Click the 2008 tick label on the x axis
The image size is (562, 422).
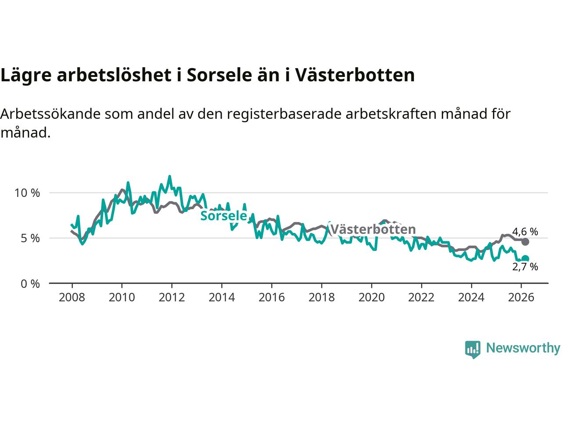[72, 298]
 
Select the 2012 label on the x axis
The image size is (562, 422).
[172, 298]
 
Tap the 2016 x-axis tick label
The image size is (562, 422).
[272, 298]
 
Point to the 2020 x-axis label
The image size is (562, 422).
[371, 298]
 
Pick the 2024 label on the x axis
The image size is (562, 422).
[471, 298]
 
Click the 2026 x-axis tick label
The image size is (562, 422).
[521, 298]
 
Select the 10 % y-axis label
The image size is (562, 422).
[27, 193]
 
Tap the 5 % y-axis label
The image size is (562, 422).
[30, 238]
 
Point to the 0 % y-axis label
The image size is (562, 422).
[30, 284]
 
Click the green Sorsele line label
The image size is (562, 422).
[223, 216]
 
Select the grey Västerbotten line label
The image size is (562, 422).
[373, 229]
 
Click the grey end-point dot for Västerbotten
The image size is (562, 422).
[525, 242]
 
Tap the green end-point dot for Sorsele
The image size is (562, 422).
[525, 259]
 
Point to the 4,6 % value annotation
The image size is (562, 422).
[525, 232]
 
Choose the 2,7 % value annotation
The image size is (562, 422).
[525, 267]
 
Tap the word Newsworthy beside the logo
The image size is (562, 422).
[523, 348]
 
